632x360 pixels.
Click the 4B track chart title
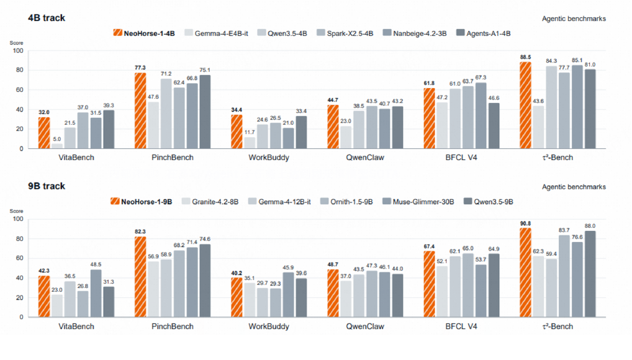click(47, 18)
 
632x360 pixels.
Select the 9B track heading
click(47, 186)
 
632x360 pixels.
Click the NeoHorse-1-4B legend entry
click(144, 34)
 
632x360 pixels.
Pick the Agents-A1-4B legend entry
click(483, 34)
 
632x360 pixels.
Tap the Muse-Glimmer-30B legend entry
click(418, 202)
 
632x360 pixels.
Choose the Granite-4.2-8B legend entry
click(210, 202)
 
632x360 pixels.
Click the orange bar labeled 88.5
click(525, 106)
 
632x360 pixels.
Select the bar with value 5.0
click(57, 146)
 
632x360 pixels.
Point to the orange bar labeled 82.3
click(140, 277)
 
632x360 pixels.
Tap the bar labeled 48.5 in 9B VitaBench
click(96, 293)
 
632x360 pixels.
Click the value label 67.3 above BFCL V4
click(481, 78)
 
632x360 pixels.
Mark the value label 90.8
click(525, 223)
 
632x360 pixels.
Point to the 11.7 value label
click(250, 132)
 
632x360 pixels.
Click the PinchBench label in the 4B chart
click(173, 158)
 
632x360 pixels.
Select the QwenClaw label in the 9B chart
click(365, 326)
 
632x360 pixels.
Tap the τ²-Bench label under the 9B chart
click(558, 326)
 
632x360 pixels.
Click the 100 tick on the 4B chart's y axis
click(18, 51)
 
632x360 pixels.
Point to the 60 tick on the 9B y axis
click(20, 258)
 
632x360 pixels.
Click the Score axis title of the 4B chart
click(17, 43)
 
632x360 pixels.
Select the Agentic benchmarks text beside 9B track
click(574, 187)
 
